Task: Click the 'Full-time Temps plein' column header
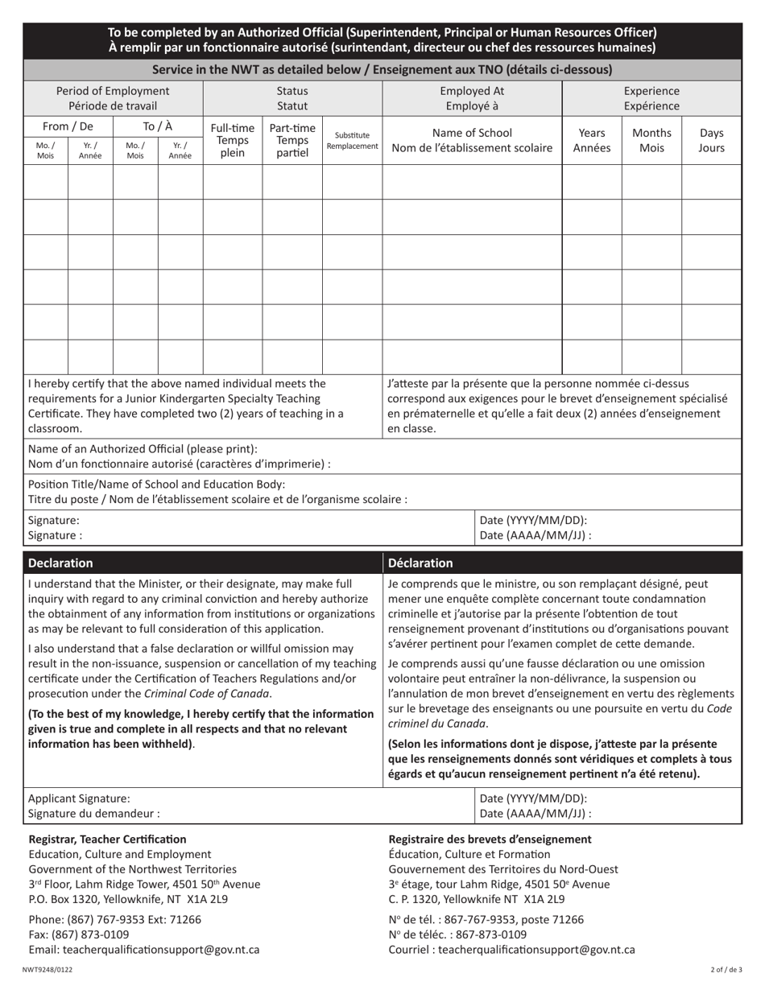(x=232, y=140)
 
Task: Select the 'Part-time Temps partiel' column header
(x=292, y=140)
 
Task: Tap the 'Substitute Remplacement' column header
(x=352, y=141)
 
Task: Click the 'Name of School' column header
(x=471, y=140)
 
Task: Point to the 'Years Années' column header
(x=591, y=140)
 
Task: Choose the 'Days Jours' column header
(x=712, y=140)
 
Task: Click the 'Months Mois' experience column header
(x=651, y=140)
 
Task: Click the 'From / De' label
(x=68, y=126)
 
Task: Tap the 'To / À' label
(x=157, y=126)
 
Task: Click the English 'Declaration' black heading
(x=60, y=563)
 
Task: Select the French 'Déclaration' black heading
(x=420, y=563)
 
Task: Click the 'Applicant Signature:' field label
(x=79, y=798)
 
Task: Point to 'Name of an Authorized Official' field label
(x=143, y=448)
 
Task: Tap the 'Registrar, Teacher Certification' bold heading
(x=107, y=839)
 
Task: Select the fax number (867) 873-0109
(x=78, y=934)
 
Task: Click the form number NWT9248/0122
(x=48, y=970)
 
